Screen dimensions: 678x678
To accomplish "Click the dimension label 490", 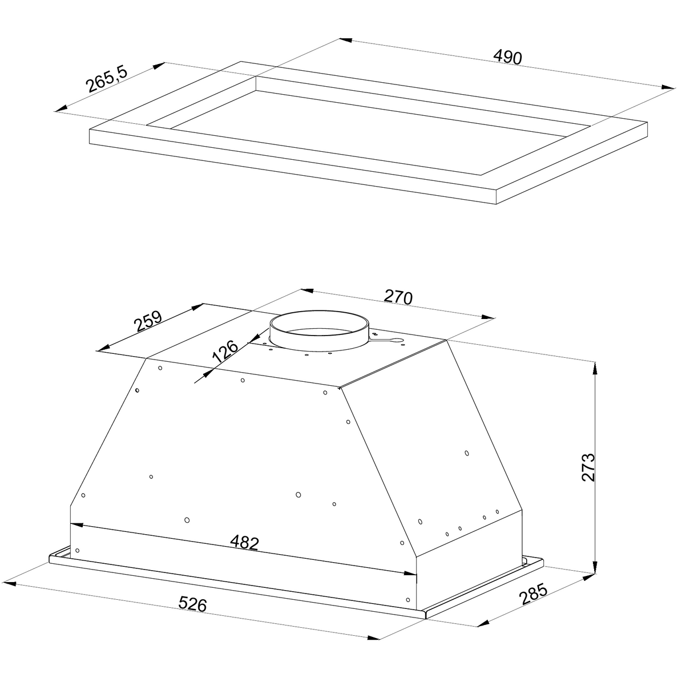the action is coord(507,57).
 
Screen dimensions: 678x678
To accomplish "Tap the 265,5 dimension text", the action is coord(107,79).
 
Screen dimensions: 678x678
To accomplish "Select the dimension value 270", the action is coord(398,297).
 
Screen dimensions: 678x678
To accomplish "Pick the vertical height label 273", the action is coord(588,467).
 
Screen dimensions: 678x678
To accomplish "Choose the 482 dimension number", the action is coord(244,542).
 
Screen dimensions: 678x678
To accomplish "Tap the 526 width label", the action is coord(192,604).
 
